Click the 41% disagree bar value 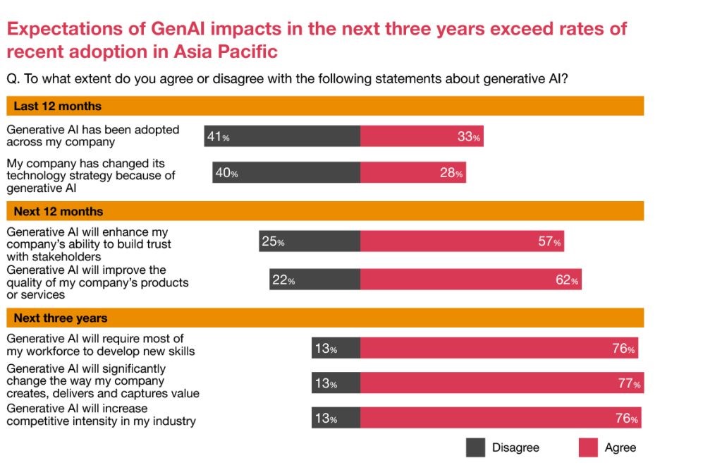click(218, 137)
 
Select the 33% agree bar click(422, 136)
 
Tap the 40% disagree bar click(286, 172)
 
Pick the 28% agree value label click(451, 173)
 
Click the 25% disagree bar click(310, 241)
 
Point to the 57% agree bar click(462, 241)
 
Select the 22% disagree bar click(314, 279)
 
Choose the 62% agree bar click(470, 279)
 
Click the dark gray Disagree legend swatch click(475, 447)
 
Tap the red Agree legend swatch click(588, 447)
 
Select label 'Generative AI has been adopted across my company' click(93, 136)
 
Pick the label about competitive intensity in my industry click(101, 415)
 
